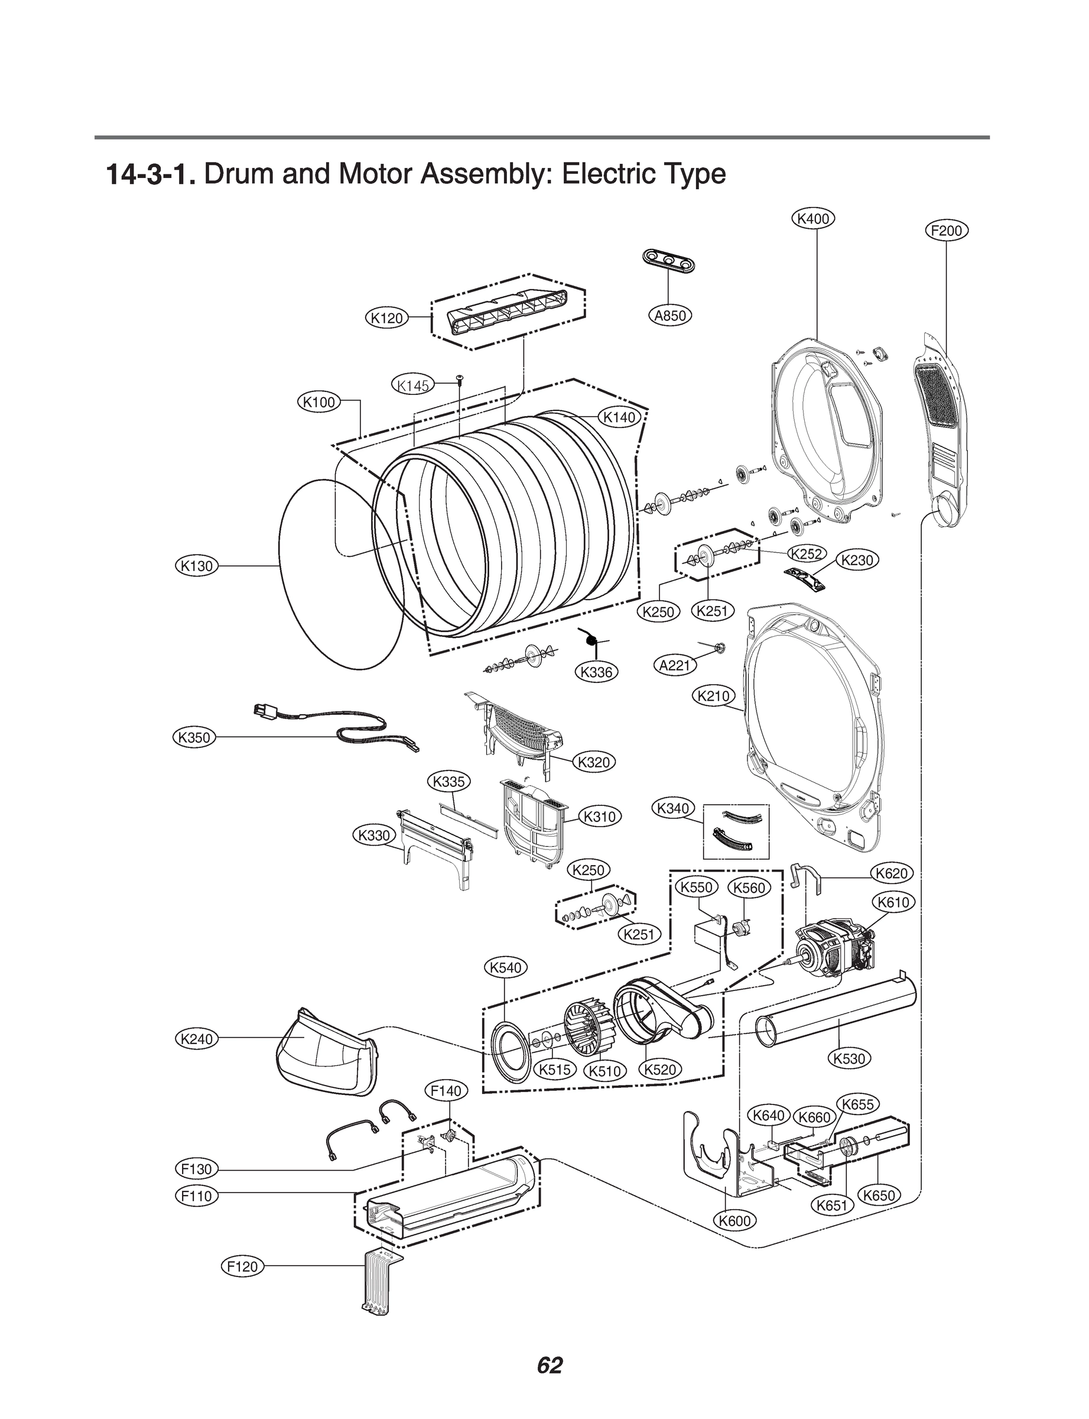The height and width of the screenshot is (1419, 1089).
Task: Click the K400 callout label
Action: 814,219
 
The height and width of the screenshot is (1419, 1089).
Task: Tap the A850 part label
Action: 670,316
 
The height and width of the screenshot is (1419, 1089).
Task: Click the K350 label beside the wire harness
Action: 194,737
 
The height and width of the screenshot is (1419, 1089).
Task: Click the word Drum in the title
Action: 239,174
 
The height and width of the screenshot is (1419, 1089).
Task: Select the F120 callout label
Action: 243,1266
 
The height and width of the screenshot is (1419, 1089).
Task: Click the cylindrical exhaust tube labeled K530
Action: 836,1012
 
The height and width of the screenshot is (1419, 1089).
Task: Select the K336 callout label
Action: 596,672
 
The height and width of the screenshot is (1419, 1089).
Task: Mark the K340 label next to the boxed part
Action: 673,809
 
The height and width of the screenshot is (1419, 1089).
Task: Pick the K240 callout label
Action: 196,1038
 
